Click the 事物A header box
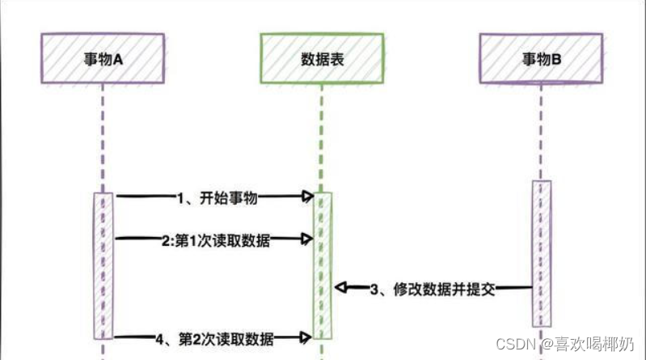(102, 57)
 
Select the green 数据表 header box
(320, 57)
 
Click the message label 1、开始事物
(215, 196)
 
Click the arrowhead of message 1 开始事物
(307, 196)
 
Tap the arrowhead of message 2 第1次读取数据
(307, 238)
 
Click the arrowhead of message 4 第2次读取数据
(307, 337)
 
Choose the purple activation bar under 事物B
(541, 251)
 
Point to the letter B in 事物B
(558, 57)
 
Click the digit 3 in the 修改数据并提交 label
(374, 288)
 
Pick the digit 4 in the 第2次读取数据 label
(161, 337)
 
